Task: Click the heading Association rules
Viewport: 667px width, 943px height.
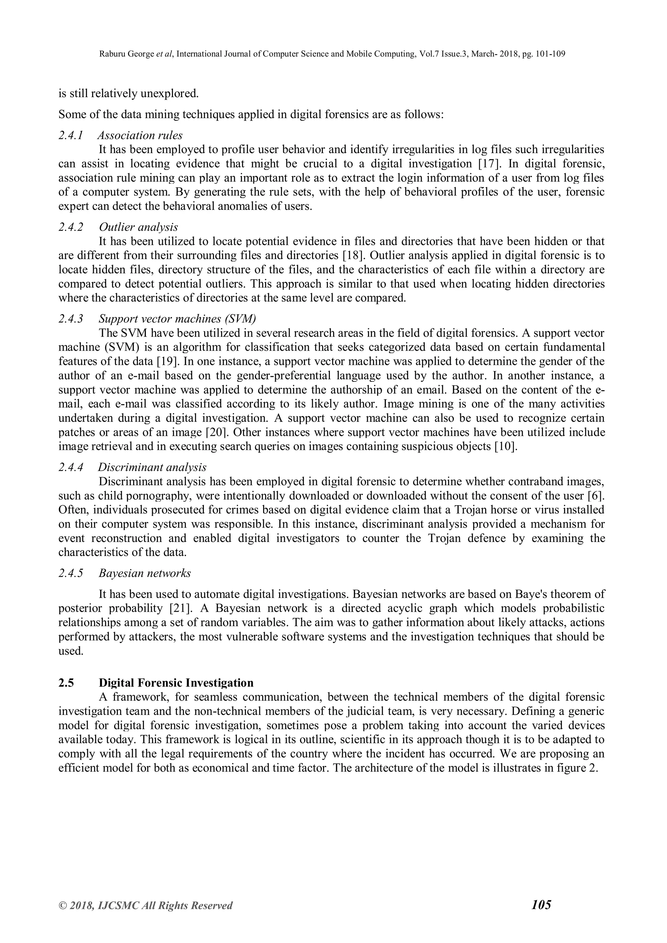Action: click(140, 135)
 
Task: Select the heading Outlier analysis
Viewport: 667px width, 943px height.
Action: click(138, 227)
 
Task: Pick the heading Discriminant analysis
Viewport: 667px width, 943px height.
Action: click(152, 467)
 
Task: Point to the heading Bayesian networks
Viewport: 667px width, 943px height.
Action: click(145, 573)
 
